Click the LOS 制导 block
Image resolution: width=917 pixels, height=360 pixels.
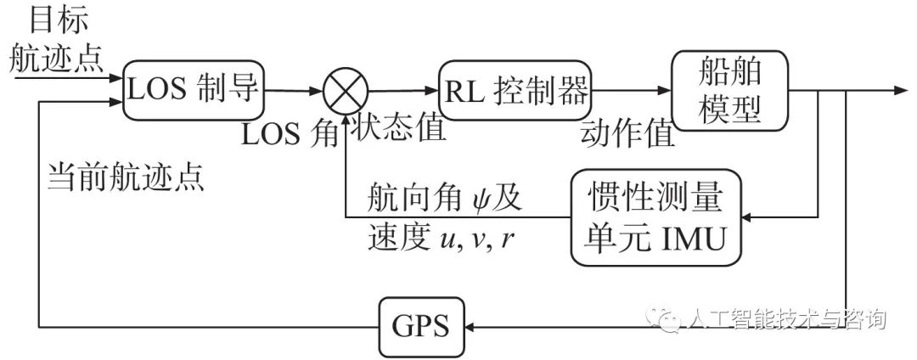(x=193, y=89)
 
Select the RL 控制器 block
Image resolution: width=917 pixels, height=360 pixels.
(x=515, y=90)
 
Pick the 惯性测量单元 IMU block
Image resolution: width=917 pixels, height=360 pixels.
(x=655, y=217)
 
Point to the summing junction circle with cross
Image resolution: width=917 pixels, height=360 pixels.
(x=345, y=90)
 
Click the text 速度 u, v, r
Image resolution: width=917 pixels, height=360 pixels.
(x=441, y=239)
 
